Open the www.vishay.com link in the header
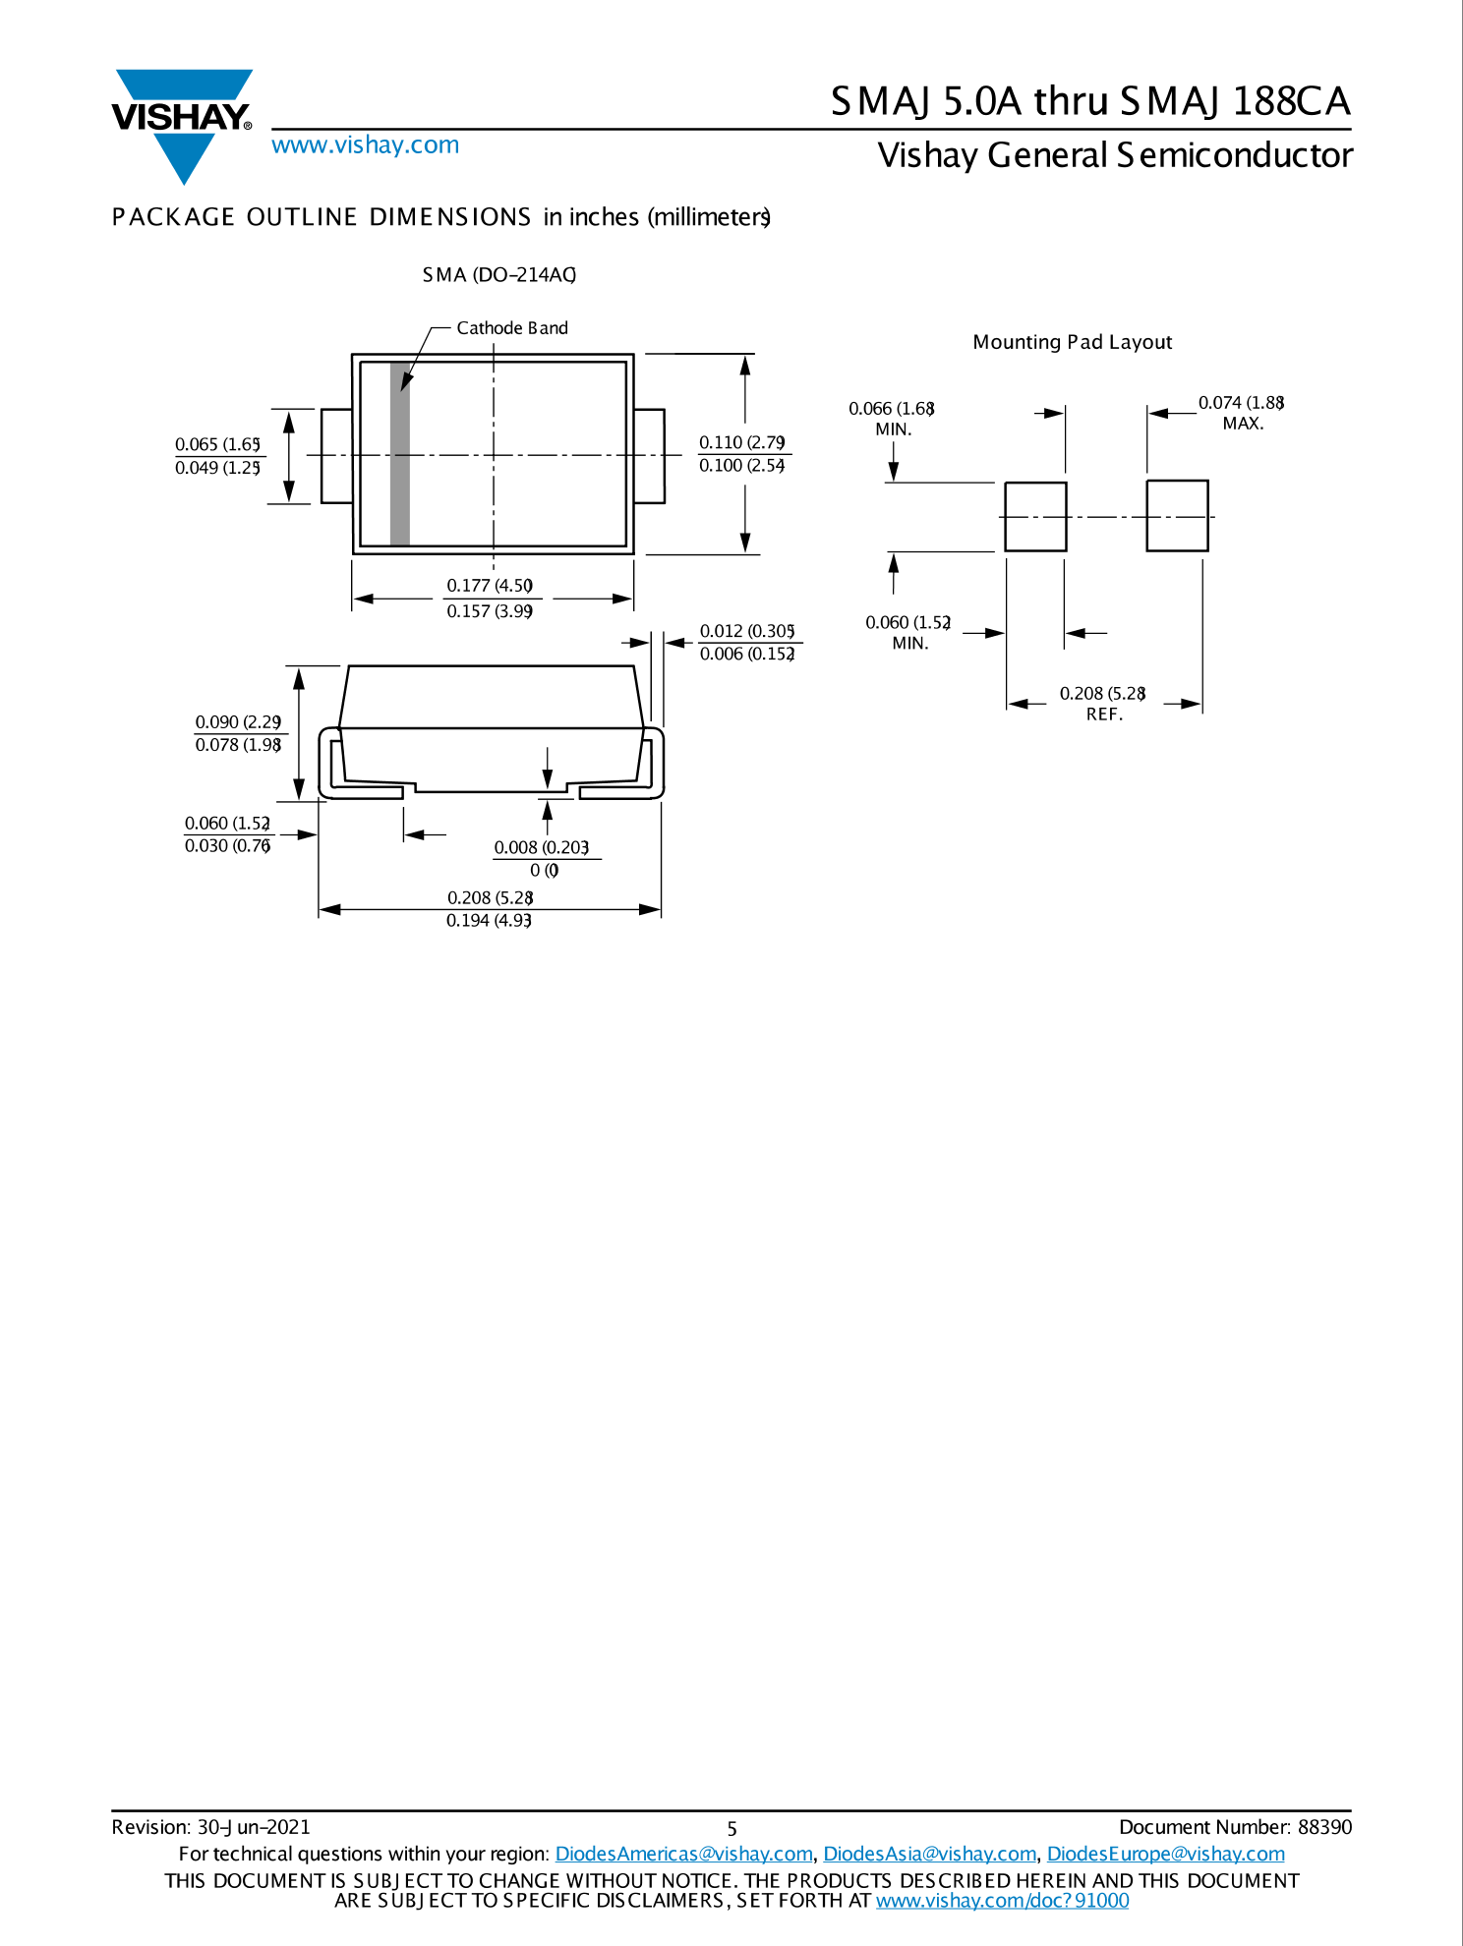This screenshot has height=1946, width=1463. click(x=365, y=145)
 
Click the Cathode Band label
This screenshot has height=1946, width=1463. click(x=511, y=328)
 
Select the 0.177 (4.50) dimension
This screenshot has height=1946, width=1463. click(x=490, y=586)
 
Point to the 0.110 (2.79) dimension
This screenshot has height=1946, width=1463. click(x=741, y=442)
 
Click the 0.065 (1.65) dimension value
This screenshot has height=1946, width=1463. click(x=217, y=444)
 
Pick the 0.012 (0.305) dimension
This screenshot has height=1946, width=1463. click(x=746, y=631)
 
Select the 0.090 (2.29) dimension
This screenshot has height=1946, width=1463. click(x=238, y=722)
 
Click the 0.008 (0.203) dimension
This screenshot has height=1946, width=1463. click(x=541, y=847)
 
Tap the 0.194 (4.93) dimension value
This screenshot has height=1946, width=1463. click(x=489, y=921)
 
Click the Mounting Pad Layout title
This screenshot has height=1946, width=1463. click(x=1072, y=342)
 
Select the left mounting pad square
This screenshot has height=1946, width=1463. click(x=1035, y=517)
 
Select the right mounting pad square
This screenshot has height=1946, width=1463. click(x=1177, y=516)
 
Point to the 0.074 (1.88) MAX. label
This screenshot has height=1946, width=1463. click(x=1241, y=413)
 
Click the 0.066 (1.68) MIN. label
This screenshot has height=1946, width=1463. click(x=892, y=418)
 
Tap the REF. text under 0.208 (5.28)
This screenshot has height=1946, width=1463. click(x=1104, y=715)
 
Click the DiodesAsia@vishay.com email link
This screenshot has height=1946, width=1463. click(x=929, y=1854)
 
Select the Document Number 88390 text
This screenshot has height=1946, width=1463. click(x=1235, y=1827)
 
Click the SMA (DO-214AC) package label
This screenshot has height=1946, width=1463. click(x=498, y=275)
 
